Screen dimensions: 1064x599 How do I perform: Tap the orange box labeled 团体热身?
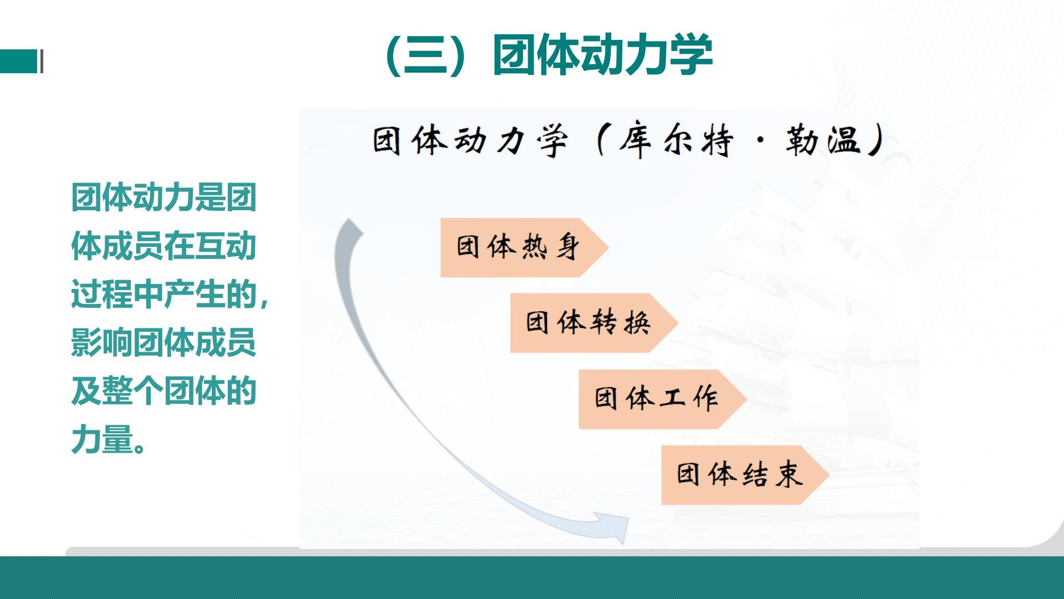tap(524, 247)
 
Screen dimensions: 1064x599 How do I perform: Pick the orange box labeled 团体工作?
tap(663, 399)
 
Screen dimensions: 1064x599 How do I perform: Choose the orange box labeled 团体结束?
tap(745, 475)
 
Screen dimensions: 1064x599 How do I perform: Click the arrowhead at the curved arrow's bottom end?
tap(615, 527)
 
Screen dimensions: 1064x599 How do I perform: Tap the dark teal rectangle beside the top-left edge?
tap(18, 61)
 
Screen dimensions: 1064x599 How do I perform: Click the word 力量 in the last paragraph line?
tap(103, 439)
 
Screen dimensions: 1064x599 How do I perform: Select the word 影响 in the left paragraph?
tap(103, 342)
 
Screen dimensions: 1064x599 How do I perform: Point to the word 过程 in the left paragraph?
tap(103, 294)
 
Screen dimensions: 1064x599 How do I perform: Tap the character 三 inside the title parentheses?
tap(426, 55)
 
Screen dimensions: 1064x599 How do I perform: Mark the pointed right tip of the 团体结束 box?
tap(829, 475)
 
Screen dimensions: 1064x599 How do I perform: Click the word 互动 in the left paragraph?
tap(226, 246)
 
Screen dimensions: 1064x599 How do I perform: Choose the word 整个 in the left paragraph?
tap(133, 391)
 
